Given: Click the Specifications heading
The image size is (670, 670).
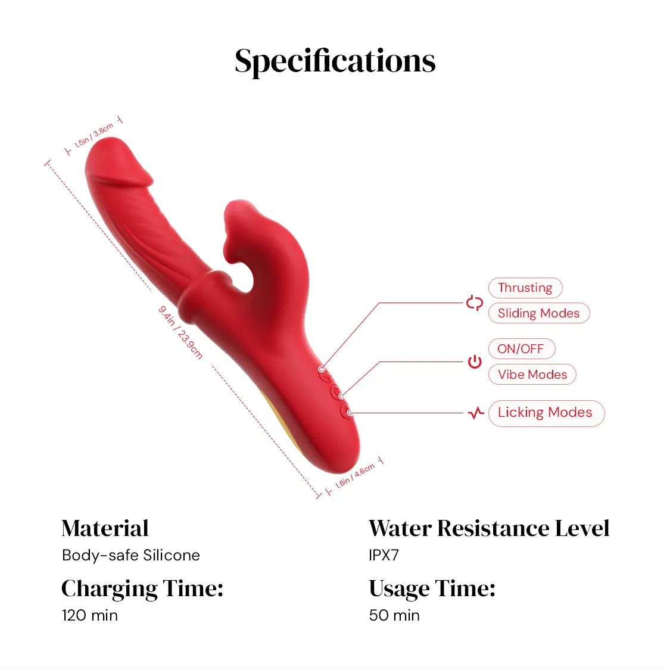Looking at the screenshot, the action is pyautogui.click(x=335, y=61).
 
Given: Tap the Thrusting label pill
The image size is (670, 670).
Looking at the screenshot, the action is pyautogui.click(x=525, y=288).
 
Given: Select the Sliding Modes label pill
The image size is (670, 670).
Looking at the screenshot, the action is pyautogui.click(x=539, y=313).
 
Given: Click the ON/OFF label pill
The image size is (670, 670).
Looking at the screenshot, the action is pyautogui.click(x=522, y=348).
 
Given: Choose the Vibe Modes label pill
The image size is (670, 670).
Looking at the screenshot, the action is pyautogui.click(x=532, y=375).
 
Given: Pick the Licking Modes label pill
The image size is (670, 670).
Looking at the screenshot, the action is pyautogui.click(x=547, y=413).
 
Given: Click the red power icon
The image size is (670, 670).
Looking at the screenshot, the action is pyautogui.click(x=475, y=362).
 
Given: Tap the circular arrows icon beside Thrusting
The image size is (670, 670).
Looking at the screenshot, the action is pyautogui.click(x=474, y=303).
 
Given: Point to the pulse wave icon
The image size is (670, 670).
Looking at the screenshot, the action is pyautogui.click(x=476, y=413).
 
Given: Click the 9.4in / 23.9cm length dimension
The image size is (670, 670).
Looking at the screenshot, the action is pyautogui.click(x=180, y=332).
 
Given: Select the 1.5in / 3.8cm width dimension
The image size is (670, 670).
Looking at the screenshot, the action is pyautogui.click(x=94, y=135).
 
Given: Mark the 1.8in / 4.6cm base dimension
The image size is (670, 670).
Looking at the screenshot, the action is pyautogui.click(x=355, y=476).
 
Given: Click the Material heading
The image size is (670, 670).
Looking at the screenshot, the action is pyautogui.click(x=105, y=528).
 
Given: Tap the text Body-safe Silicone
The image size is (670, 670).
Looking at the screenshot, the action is pyautogui.click(x=131, y=555).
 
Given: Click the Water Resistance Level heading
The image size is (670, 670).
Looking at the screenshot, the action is pyautogui.click(x=489, y=528).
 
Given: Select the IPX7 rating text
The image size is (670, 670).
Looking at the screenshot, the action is pyautogui.click(x=384, y=555).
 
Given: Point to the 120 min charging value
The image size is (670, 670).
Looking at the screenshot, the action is pyautogui.click(x=90, y=615).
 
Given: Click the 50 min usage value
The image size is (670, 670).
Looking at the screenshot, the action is pyautogui.click(x=394, y=615).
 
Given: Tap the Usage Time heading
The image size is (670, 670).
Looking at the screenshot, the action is pyautogui.click(x=432, y=589).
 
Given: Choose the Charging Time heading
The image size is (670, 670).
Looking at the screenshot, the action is pyautogui.click(x=142, y=589).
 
